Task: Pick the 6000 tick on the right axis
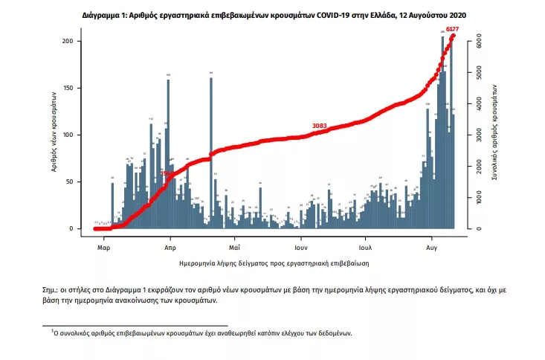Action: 480,43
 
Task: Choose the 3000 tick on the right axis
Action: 480,136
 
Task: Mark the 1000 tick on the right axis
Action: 480,198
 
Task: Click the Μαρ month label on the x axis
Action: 105,245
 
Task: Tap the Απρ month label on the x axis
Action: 170,245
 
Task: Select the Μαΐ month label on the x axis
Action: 234,245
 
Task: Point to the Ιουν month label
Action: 300,245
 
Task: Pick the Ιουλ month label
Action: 365,245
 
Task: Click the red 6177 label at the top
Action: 452,29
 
